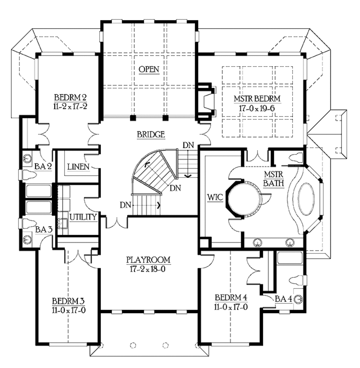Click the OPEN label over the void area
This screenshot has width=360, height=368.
click(x=149, y=69)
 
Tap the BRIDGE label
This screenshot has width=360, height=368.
click(x=152, y=134)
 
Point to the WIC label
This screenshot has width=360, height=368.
click(x=216, y=197)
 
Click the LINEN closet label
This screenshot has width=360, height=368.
click(x=78, y=166)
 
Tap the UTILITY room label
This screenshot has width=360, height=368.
click(x=83, y=217)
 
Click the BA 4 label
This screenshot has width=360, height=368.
click(x=283, y=299)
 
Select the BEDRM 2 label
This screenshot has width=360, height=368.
click(x=70, y=97)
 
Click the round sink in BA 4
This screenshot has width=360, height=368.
click(x=298, y=299)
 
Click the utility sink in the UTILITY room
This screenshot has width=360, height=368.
click(x=63, y=223)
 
